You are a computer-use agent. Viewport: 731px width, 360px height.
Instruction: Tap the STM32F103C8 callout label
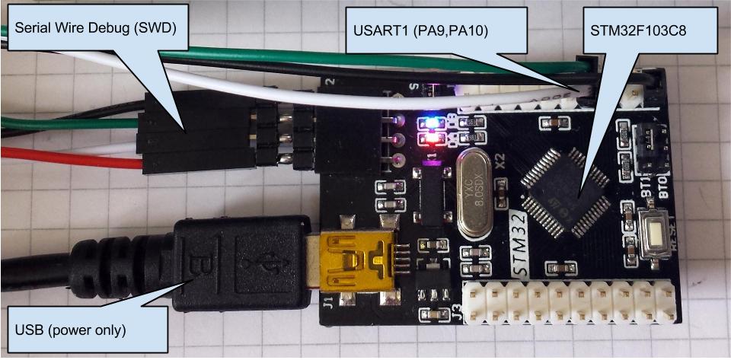(x=642, y=32)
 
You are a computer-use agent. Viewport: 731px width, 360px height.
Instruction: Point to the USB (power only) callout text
(x=71, y=331)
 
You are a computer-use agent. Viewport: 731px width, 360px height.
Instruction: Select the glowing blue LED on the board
(x=427, y=121)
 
